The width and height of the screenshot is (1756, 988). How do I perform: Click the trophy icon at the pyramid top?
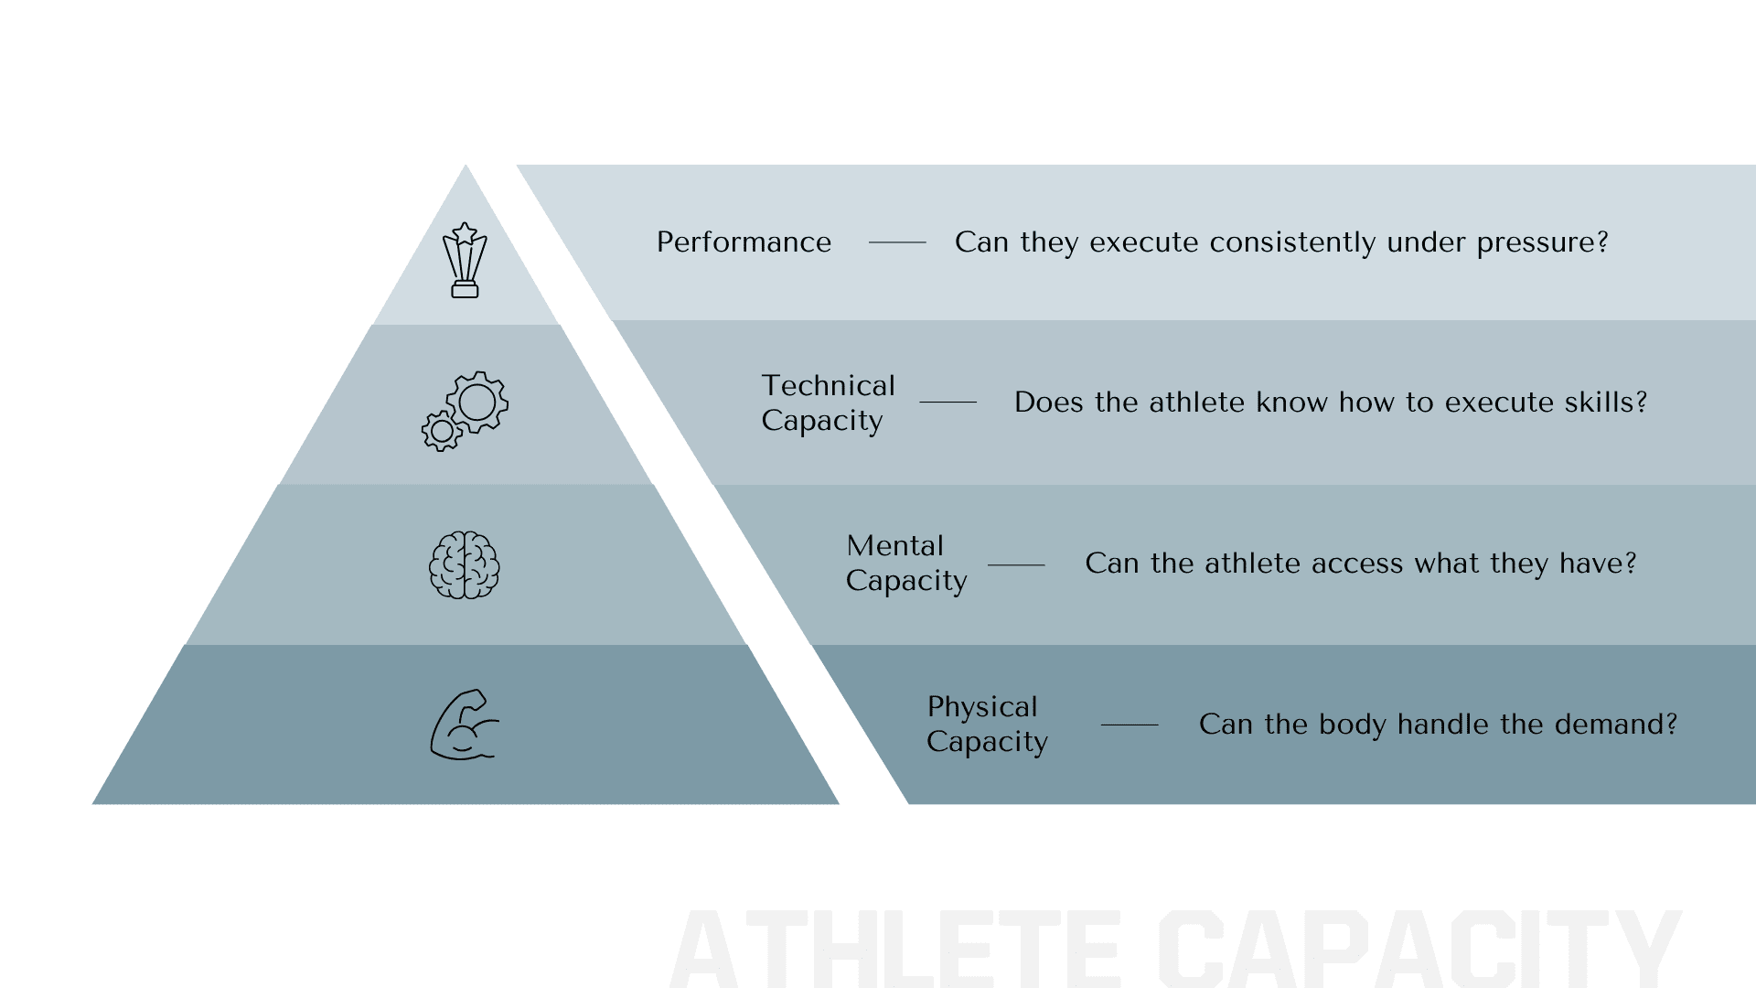[x=465, y=260]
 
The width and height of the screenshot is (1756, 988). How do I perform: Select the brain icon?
[x=465, y=565]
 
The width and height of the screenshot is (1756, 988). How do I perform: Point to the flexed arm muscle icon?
[x=465, y=725]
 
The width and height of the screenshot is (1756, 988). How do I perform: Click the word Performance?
[x=744, y=242]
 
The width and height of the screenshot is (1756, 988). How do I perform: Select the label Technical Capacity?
[x=829, y=403]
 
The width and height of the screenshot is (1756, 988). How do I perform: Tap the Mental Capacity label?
[x=906, y=564]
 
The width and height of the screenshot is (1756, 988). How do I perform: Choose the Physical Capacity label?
[x=987, y=725]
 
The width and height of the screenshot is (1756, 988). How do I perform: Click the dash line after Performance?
[x=897, y=242]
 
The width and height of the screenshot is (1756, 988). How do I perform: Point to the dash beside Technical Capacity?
[x=948, y=402]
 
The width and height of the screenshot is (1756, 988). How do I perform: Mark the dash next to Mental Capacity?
[x=1016, y=564]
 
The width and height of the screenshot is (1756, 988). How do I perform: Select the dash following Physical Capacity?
[x=1130, y=725]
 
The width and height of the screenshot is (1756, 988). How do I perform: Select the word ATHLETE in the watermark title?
[x=895, y=948]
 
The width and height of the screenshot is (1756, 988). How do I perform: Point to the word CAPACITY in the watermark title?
[x=1419, y=948]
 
